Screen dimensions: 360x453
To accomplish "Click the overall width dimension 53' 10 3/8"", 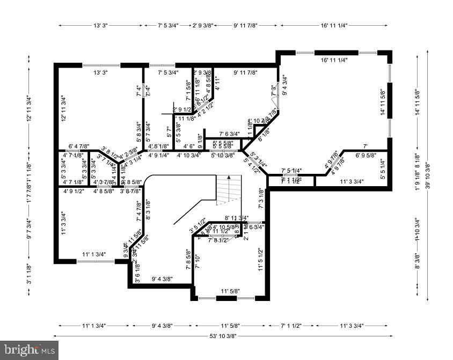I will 223,336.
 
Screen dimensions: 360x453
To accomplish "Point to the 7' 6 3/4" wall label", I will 222,134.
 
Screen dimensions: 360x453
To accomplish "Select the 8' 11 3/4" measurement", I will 237,218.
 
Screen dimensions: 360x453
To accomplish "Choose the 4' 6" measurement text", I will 188,146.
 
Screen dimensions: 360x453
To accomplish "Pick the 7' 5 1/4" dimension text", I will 291,171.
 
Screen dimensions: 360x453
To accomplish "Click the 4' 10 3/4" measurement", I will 189,156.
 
